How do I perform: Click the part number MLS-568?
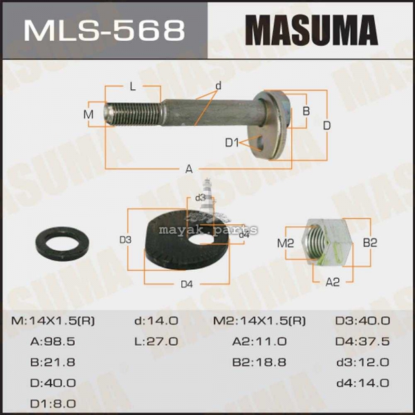click(104, 30)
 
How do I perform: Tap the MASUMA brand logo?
click(311, 30)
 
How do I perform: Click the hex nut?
click(327, 242)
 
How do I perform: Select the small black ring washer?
click(62, 243)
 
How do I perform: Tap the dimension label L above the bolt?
click(133, 86)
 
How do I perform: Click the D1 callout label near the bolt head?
click(232, 143)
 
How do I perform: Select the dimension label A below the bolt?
click(189, 169)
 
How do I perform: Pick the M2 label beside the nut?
click(285, 243)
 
